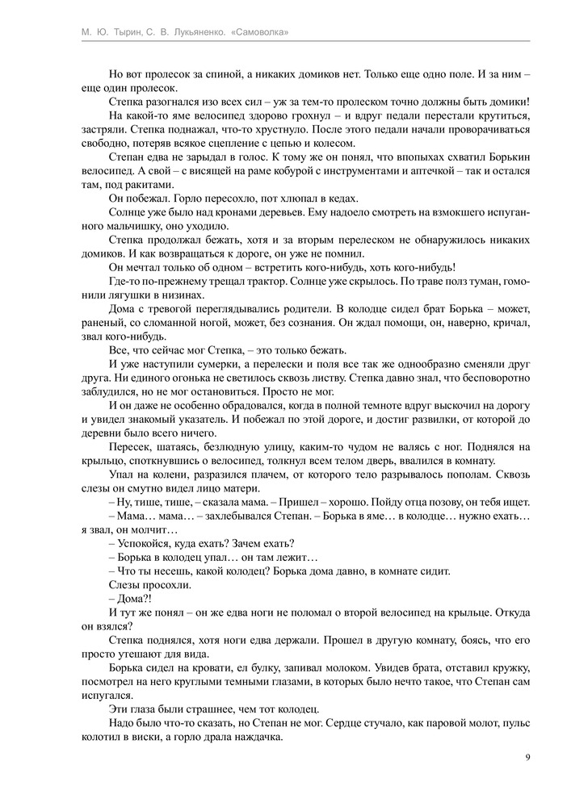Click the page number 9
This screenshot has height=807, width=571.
[x=527, y=757]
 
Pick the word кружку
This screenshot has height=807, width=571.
[x=506, y=669]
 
